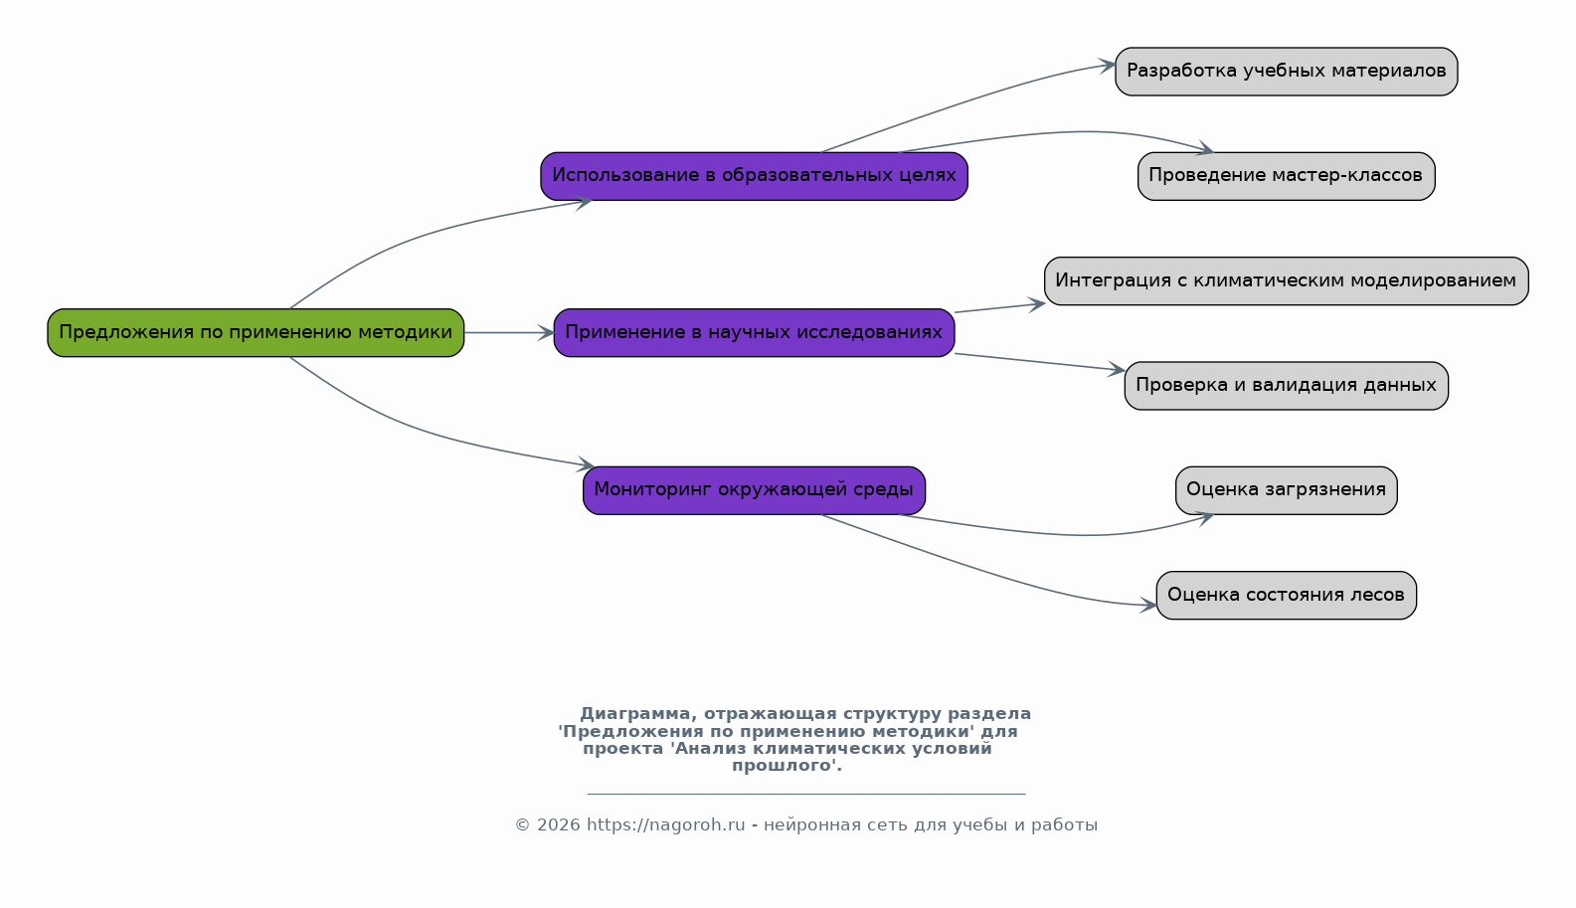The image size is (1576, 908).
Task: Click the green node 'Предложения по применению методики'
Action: click(256, 333)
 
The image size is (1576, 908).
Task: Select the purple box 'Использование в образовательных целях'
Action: click(755, 176)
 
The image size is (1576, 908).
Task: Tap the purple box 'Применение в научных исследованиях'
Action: click(755, 333)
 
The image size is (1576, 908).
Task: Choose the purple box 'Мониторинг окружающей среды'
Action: click(755, 490)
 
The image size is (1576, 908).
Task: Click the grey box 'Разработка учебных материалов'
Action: click(1286, 72)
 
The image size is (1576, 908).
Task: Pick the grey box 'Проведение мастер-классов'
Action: click(1286, 176)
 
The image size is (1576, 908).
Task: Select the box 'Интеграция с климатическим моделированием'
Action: click(1286, 280)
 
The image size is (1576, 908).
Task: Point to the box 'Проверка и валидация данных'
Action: click(1286, 386)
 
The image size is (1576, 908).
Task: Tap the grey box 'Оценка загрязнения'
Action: click(1286, 490)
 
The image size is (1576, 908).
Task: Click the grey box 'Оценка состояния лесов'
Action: click(1286, 596)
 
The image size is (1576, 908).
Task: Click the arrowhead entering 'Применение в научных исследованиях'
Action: click(546, 333)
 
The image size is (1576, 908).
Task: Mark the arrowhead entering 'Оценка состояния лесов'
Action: click(1148, 605)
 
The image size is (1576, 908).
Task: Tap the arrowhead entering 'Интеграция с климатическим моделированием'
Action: click(1036, 304)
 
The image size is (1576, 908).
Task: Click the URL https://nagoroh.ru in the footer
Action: click(665, 824)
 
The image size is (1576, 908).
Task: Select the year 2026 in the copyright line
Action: click(559, 824)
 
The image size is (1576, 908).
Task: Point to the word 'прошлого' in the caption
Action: click(783, 766)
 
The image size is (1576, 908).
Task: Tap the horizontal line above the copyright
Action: click(806, 794)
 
